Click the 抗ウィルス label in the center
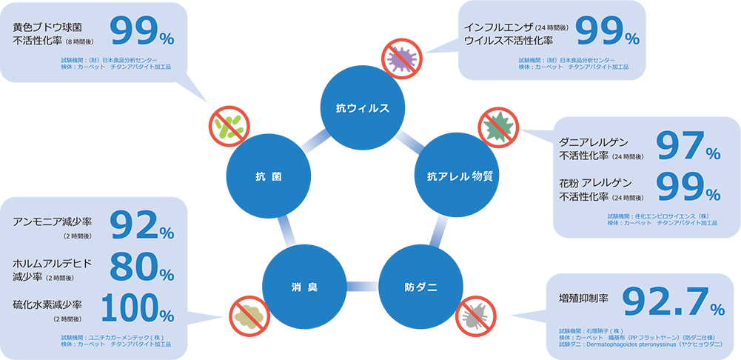tap(362, 108)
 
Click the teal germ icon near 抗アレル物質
tap(497, 127)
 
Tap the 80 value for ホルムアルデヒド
tap(133, 267)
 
